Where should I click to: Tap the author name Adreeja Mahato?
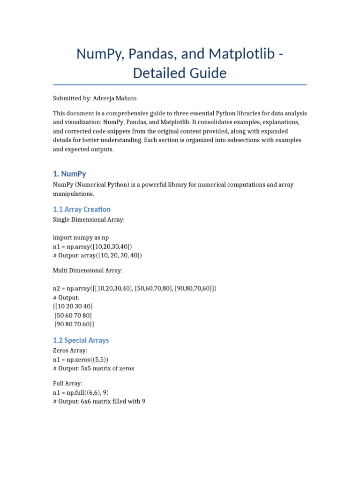(x=120, y=99)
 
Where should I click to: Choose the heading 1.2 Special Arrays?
(x=81, y=340)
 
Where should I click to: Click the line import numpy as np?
(x=81, y=237)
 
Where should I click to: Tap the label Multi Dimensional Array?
(x=88, y=270)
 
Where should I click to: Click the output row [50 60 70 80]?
(x=74, y=315)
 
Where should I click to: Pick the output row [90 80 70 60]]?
(x=75, y=324)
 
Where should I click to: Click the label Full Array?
(x=68, y=383)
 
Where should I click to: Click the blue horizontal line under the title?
(x=180, y=85)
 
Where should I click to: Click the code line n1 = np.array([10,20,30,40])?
(x=92, y=246)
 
